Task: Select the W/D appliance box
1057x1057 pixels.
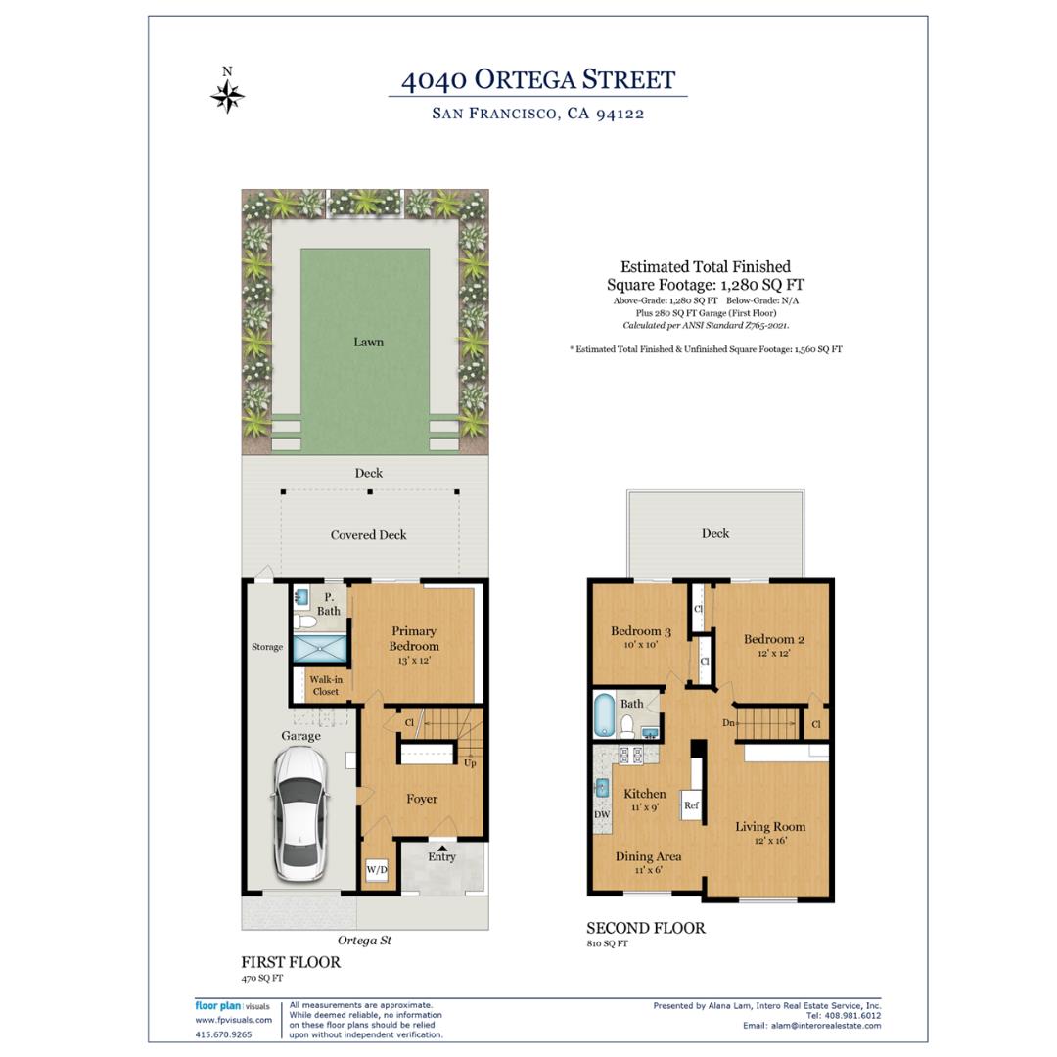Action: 377,870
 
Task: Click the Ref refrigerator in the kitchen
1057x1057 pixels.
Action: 691,804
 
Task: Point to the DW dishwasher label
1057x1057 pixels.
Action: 602,814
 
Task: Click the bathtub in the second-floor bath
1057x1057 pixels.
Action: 603,715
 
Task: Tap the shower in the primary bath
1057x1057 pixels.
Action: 319,648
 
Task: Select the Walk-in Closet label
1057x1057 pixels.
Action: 326,685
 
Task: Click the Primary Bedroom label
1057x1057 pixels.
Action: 414,638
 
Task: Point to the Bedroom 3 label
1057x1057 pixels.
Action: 640,631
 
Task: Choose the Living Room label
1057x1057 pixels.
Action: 770,826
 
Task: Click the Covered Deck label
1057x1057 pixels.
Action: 368,535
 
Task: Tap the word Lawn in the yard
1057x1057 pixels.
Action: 368,342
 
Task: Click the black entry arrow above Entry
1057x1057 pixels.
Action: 441,848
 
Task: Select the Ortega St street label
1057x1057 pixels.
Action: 364,941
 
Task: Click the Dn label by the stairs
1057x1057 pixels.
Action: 728,722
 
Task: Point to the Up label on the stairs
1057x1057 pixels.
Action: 470,763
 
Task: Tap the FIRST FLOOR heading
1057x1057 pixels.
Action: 291,962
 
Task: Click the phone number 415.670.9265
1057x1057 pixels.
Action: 223,1034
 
